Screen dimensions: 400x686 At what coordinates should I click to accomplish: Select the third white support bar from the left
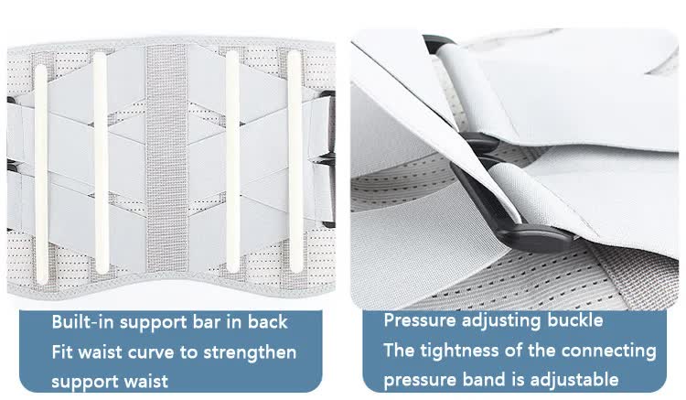point(232,165)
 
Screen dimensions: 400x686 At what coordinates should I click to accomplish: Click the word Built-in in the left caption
point(82,322)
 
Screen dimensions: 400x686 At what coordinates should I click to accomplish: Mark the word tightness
point(457,351)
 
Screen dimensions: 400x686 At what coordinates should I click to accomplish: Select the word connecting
point(611,351)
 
